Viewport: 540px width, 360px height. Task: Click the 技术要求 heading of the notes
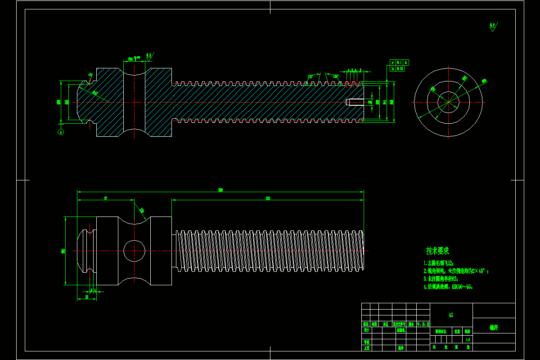[437, 251]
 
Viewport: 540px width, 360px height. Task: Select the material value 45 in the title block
[451, 315]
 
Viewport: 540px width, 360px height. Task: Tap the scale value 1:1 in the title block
[468, 339]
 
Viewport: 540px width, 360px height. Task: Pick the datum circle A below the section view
[61, 132]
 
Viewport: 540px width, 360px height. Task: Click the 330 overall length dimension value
[220, 190]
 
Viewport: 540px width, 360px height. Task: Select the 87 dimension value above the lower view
[106, 198]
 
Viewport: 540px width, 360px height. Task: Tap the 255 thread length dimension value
[268, 198]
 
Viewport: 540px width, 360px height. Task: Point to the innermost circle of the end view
[448, 102]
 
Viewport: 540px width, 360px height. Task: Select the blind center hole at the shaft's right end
[355, 102]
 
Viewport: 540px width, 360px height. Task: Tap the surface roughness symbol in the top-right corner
[493, 27]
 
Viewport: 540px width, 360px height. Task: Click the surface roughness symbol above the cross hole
[148, 56]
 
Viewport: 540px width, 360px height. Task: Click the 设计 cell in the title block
[366, 330]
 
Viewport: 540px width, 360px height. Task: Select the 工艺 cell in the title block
[366, 348]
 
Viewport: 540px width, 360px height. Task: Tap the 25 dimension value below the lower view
[87, 297]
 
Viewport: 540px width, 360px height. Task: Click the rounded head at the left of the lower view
[84, 251]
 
